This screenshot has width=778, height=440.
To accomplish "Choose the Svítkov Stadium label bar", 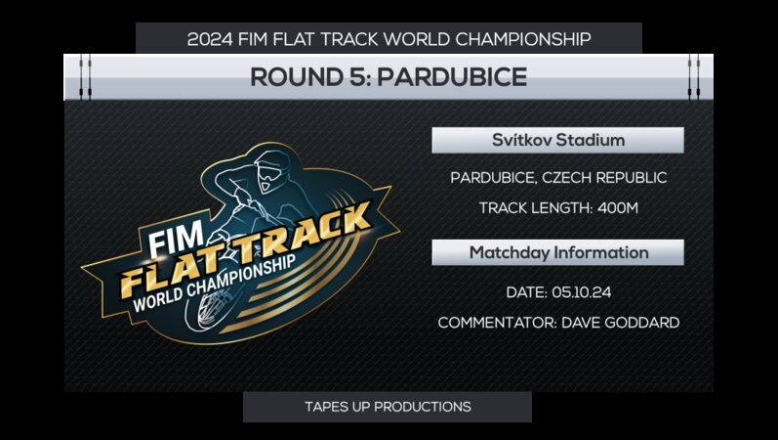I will pyautogui.click(x=557, y=141).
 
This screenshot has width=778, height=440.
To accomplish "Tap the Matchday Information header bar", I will pyautogui.click(x=557, y=252).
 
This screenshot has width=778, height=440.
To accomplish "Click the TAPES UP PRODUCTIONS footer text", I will pyautogui.click(x=388, y=406).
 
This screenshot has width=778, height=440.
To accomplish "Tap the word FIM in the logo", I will pyautogui.click(x=168, y=241).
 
